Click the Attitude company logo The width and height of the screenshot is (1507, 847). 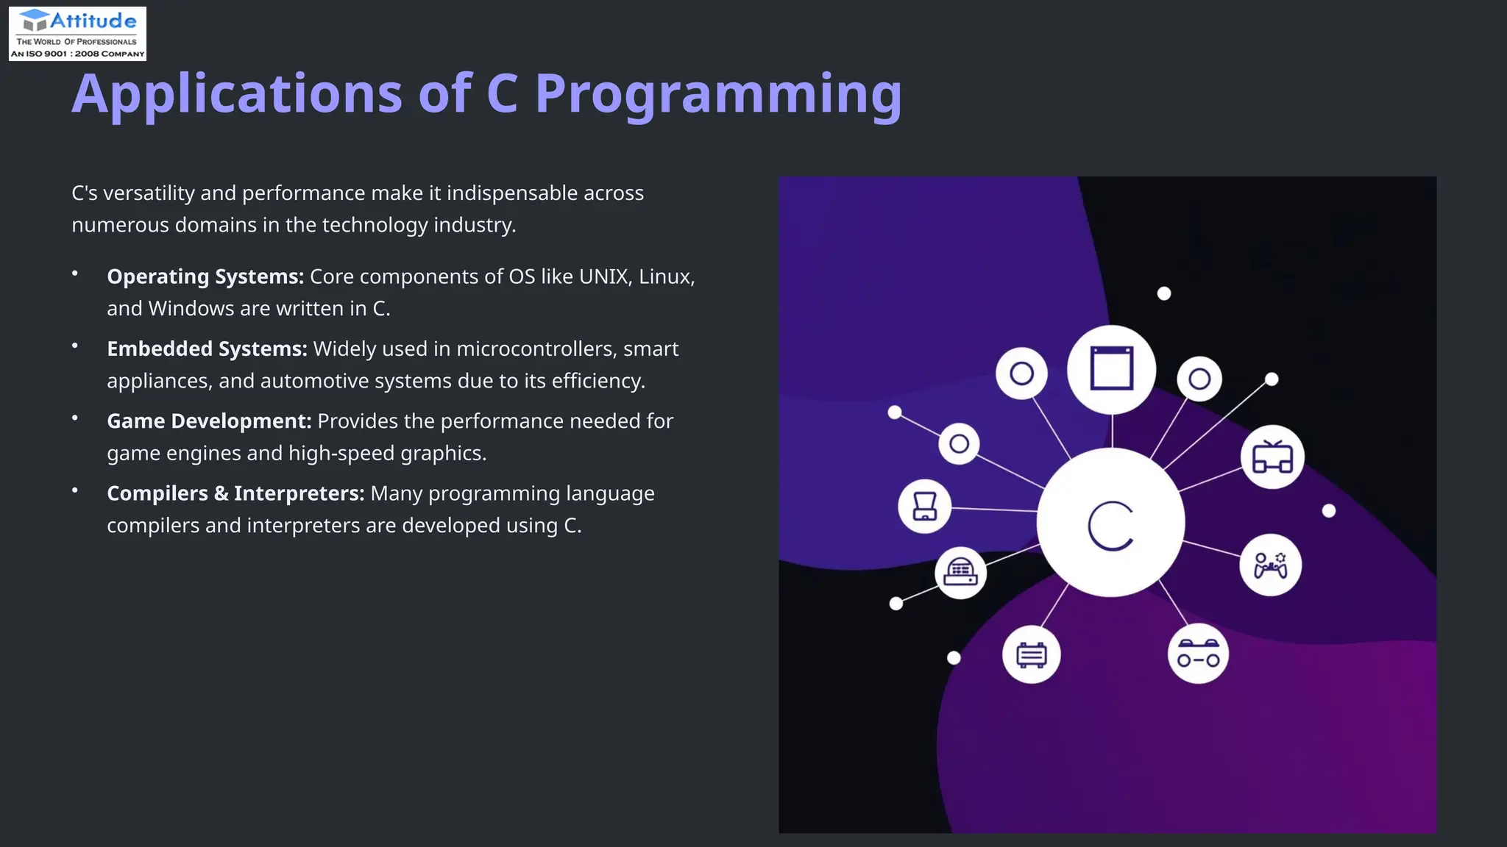(77, 33)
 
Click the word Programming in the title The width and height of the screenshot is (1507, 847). (717, 94)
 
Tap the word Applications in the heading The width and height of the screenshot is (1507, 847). (237, 94)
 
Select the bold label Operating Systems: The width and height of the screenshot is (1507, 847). (205, 276)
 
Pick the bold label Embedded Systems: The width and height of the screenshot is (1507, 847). (207, 349)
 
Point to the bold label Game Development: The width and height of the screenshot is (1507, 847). (209, 421)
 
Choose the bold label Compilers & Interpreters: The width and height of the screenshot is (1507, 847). (235, 493)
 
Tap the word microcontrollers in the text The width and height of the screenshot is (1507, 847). (536, 349)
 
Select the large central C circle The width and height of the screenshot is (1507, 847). (1110, 523)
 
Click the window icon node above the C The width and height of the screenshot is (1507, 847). (1111, 369)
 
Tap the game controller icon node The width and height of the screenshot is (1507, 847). (1270, 565)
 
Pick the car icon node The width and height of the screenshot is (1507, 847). (1198, 654)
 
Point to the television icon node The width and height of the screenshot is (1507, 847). (1272, 457)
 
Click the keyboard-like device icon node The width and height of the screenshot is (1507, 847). (960, 572)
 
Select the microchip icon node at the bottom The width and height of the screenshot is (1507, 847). (1031, 654)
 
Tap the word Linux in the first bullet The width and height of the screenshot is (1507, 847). (665, 276)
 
